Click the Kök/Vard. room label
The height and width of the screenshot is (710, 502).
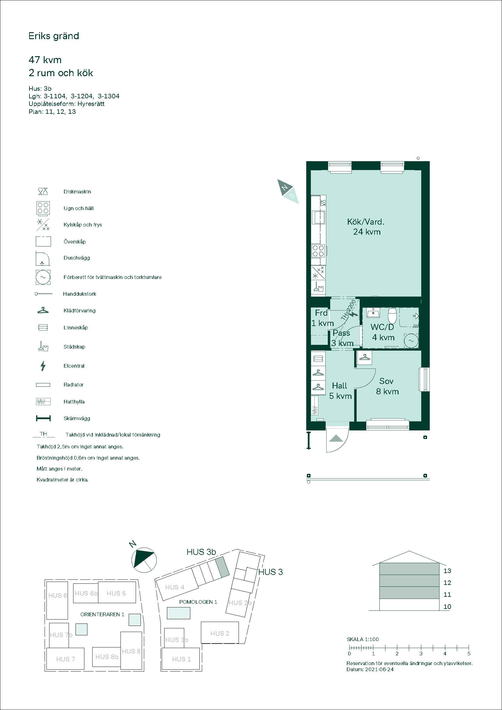click(366, 222)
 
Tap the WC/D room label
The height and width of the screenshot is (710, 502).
click(382, 327)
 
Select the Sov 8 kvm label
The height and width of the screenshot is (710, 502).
click(387, 386)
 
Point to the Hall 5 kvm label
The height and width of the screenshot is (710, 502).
click(340, 391)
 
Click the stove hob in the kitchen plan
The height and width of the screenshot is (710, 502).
click(318, 250)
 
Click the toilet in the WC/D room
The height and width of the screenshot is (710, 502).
click(392, 315)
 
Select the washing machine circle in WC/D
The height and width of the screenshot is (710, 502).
click(411, 341)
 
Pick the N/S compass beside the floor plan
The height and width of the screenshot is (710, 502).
click(288, 192)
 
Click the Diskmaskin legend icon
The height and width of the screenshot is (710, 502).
click(43, 192)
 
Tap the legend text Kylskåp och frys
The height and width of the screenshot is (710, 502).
click(83, 225)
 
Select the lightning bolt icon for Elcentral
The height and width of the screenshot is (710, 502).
click(43, 366)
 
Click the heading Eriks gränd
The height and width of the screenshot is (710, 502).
click(54, 36)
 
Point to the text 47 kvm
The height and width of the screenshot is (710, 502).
click(45, 60)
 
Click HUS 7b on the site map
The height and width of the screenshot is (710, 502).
click(61, 635)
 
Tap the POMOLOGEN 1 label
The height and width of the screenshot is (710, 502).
click(198, 602)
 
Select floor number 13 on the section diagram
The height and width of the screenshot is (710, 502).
click(447, 571)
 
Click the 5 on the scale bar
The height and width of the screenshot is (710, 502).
click(469, 654)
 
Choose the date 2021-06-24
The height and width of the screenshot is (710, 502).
click(379, 670)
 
